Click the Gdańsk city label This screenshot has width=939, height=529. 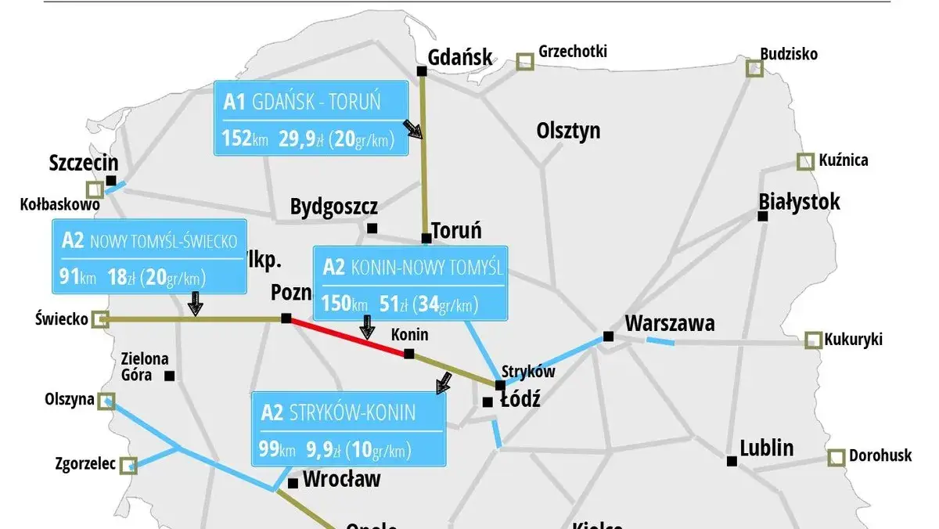click(x=461, y=56)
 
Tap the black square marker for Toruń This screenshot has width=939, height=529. click(x=426, y=238)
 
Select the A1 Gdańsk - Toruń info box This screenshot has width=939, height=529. click(x=311, y=118)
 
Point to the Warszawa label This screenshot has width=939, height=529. click(x=670, y=323)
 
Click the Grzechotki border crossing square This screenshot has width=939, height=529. click(x=524, y=61)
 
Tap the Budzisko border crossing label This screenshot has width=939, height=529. click(x=789, y=54)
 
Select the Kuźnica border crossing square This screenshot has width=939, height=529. click(x=805, y=161)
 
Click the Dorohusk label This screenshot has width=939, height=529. click(x=880, y=455)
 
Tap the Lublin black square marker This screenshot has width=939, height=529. click(x=732, y=461)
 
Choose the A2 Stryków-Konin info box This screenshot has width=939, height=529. click(x=347, y=430)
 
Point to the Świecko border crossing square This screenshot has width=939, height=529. click(x=99, y=318)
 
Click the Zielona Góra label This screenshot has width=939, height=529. click(x=145, y=366)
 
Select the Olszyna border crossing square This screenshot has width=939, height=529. click(x=106, y=401)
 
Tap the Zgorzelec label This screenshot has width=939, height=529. click(x=86, y=464)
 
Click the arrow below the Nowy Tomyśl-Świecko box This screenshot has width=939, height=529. click(x=196, y=304)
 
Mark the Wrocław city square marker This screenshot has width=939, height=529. click(x=293, y=483)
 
